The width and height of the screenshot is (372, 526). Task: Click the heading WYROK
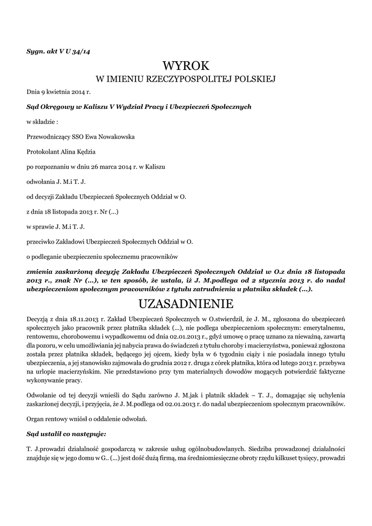tap(186, 66)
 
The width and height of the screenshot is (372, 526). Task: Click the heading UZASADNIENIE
tap(186, 303)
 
